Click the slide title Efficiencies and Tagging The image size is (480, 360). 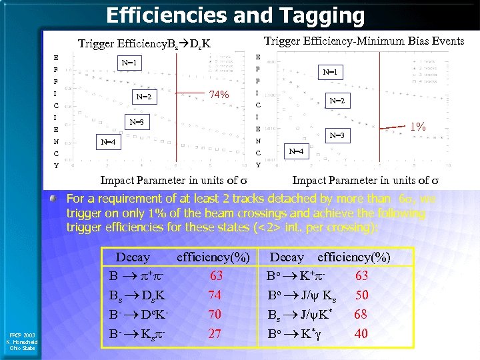(x=235, y=15)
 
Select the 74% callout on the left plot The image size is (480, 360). (x=219, y=95)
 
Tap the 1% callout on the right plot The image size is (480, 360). (x=418, y=126)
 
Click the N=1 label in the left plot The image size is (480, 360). (x=129, y=63)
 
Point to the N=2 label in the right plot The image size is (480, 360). (x=338, y=101)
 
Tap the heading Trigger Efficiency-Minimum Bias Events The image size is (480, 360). (x=364, y=41)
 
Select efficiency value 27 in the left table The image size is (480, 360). (x=215, y=333)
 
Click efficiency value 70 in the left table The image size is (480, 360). (x=215, y=313)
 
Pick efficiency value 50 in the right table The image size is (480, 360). (x=361, y=295)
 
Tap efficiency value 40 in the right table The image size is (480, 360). (x=361, y=333)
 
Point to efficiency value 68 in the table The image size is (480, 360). (x=361, y=313)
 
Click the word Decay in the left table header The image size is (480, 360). (x=133, y=257)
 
